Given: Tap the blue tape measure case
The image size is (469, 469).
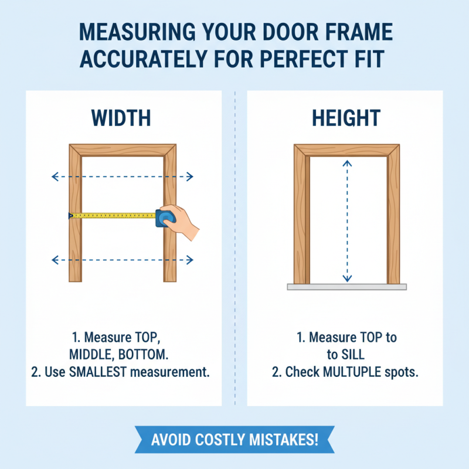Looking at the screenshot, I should click(164, 217).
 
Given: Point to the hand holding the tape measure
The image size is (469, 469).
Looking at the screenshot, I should click(184, 223).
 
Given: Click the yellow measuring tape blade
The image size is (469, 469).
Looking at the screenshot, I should click(111, 216).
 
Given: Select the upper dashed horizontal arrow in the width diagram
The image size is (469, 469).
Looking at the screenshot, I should click(123, 176).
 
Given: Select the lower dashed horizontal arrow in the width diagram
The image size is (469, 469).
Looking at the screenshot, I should click(123, 259).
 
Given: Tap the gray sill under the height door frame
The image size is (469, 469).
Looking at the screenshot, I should click(346, 287).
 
